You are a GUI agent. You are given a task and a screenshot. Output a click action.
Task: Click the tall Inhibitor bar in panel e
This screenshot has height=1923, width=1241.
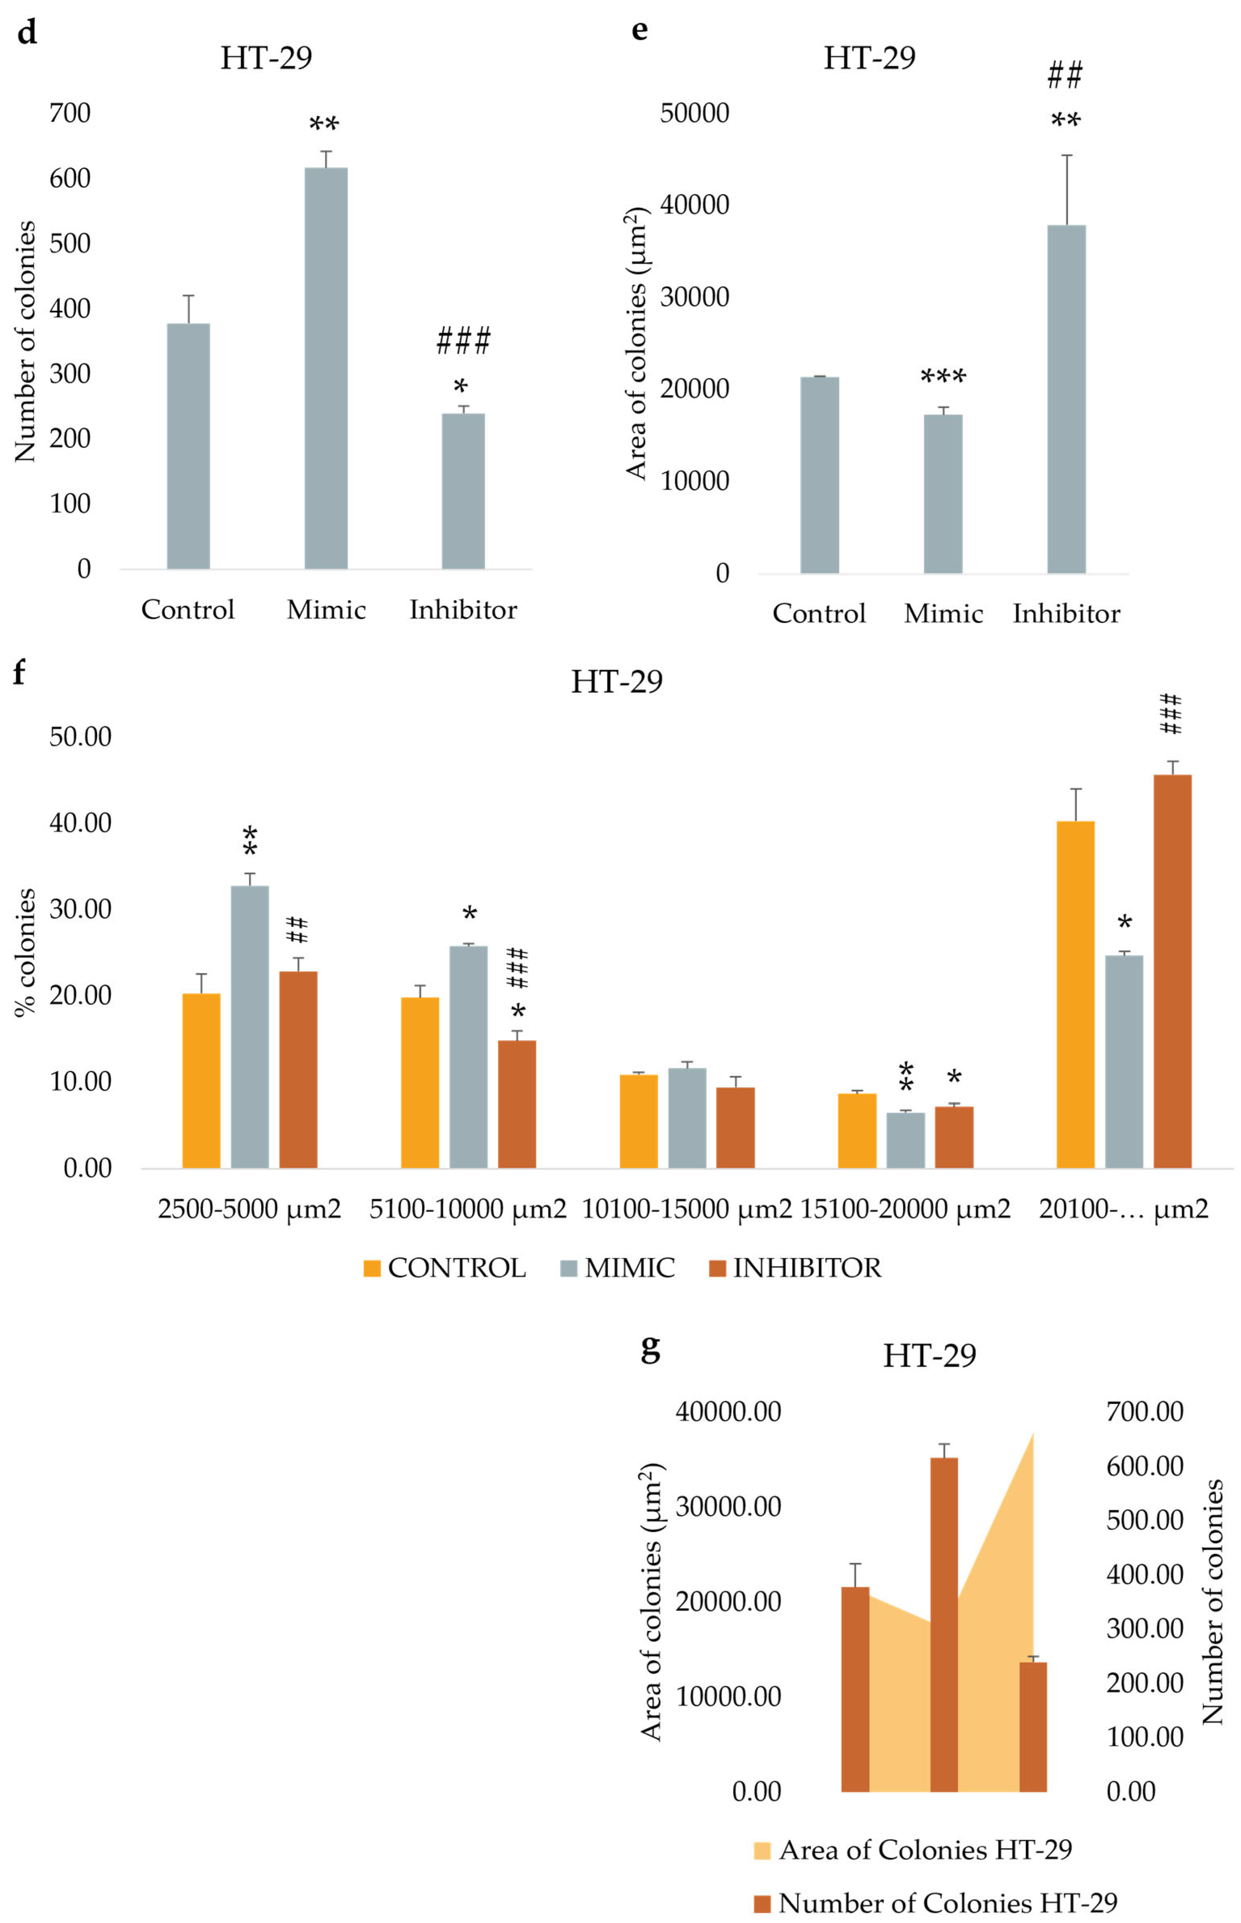pos(1066,399)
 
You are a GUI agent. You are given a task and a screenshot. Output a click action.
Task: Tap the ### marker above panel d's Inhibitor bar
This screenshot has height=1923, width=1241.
pos(464,341)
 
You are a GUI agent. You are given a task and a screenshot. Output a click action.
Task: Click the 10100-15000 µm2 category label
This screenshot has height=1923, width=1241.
pos(687,1209)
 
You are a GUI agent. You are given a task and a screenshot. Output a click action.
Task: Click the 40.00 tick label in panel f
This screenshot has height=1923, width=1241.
pos(80,823)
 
